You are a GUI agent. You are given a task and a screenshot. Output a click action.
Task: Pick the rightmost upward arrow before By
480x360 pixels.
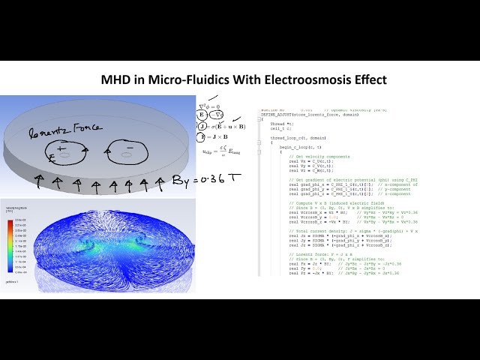pos(160,181)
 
